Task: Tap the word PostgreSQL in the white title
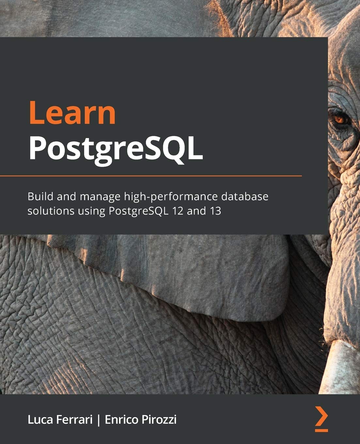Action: point(116,149)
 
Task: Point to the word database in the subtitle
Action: point(247,197)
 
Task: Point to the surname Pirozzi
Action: point(159,420)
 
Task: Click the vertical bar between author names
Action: point(99,420)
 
